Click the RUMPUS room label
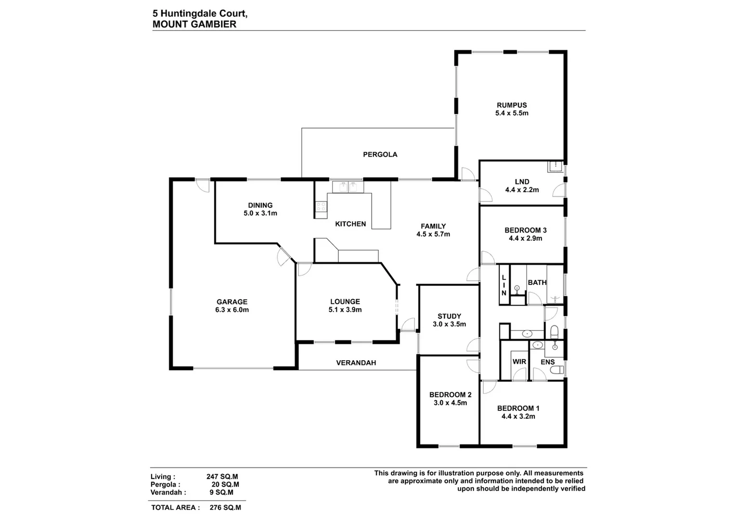coord(512,105)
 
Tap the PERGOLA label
coord(380,155)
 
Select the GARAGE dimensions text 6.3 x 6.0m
coord(232,310)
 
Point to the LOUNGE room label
coord(345,302)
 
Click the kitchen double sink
coord(348,186)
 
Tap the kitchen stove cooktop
coord(321,207)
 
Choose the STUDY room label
coord(449,316)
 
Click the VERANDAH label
coord(356,363)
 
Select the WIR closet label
coord(519,362)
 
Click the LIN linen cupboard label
coord(504,285)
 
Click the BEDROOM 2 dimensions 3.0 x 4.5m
coord(450,403)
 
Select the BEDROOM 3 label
coord(525,230)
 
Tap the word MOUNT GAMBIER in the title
coord(194,25)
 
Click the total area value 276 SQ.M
coord(225,507)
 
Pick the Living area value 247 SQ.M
coord(222,477)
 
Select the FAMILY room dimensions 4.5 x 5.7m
coord(433,234)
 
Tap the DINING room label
coord(260,205)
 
